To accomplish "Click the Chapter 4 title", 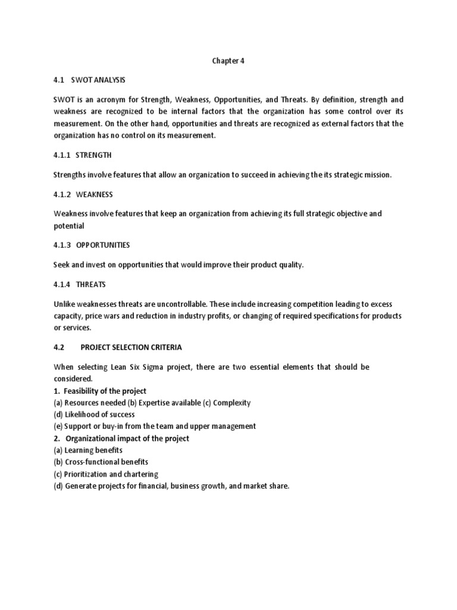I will (228, 60).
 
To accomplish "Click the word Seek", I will (62, 264).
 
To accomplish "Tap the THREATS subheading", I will (90, 284).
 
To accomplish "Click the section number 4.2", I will (59, 347).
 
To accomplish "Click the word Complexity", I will (231, 403).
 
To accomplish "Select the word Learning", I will (80, 450).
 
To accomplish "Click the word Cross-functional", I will (93, 462).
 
